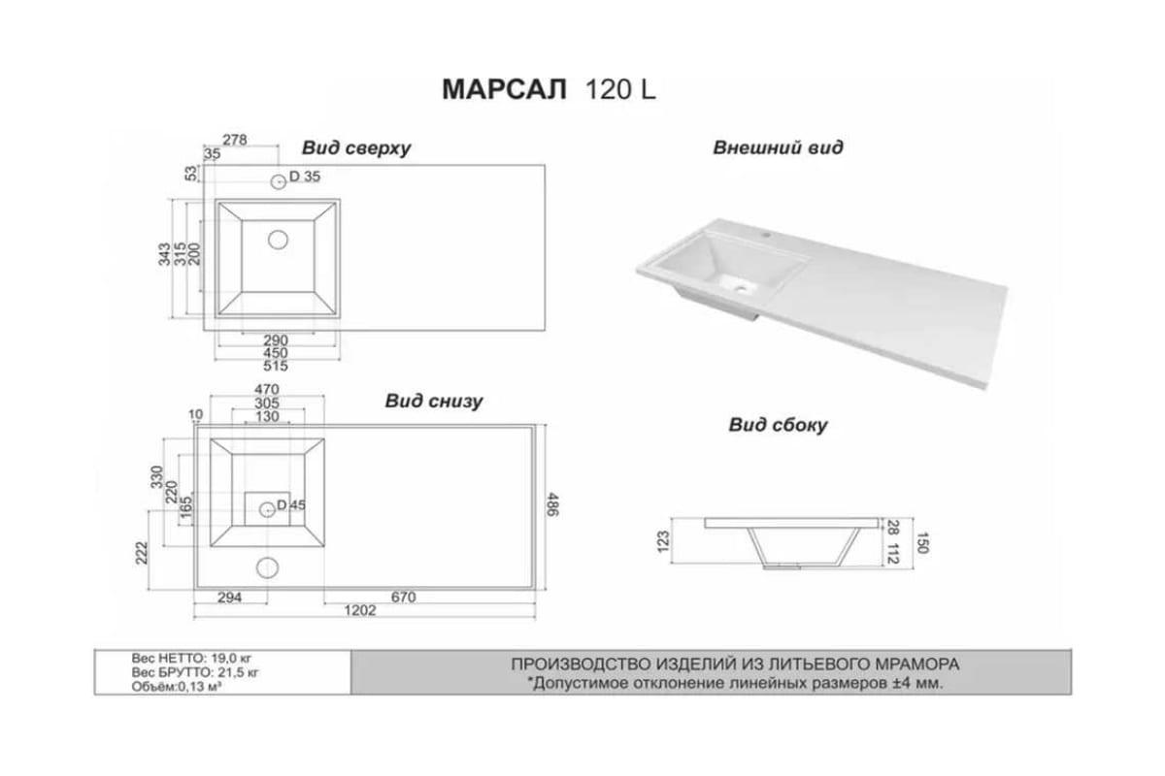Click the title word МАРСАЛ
point(504,90)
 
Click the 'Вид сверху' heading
point(356,148)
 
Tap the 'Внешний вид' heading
point(778,147)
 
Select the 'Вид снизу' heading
point(434,402)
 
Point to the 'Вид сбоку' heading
point(778,425)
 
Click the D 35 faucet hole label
point(305,177)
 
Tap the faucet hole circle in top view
point(279,182)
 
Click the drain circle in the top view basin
point(279,240)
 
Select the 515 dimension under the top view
point(276,367)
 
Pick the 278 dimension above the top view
point(235,140)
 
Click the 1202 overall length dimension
point(360,610)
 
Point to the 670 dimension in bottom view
point(404,598)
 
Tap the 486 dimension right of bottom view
point(552,504)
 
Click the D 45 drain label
point(291,505)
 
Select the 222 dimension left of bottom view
point(142,553)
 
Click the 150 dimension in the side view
point(922,543)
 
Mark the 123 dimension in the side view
point(664,541)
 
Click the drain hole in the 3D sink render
point(741,286)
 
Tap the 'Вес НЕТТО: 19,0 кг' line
point(191,659)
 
